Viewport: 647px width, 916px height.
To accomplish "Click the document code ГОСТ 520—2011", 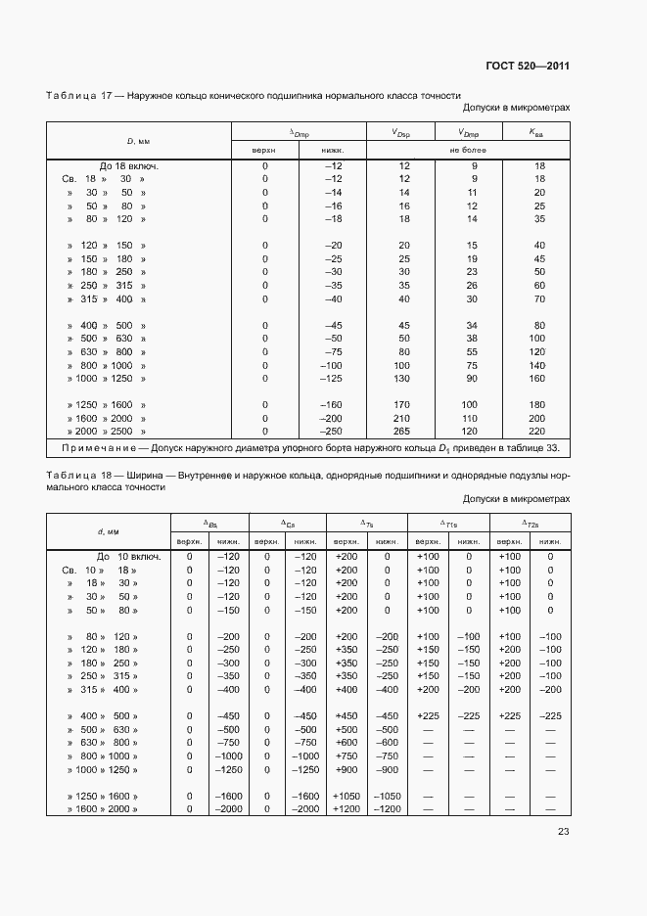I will coord(528,66).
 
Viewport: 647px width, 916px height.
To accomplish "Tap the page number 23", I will coord(563,832).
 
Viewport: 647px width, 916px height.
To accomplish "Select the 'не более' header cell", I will coord(468,150).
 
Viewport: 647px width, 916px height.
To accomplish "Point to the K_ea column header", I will coord(537,132).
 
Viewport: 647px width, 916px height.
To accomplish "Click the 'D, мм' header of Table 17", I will coord(137,141).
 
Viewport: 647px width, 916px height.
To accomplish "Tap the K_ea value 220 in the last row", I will coord(537,431).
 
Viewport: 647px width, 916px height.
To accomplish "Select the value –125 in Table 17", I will coord(333,378).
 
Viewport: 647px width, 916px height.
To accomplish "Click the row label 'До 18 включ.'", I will coord(128,166).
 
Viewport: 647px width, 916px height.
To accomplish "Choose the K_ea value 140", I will coord(537,364).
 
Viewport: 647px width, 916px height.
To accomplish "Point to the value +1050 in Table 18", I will coord(347,797).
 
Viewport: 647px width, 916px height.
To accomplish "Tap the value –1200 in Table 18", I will coord(387,809).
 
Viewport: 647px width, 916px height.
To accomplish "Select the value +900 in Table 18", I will coord(347,770).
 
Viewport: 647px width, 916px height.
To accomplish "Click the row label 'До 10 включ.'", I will coord(110,556).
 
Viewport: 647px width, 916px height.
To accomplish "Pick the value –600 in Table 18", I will coord(387,743).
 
